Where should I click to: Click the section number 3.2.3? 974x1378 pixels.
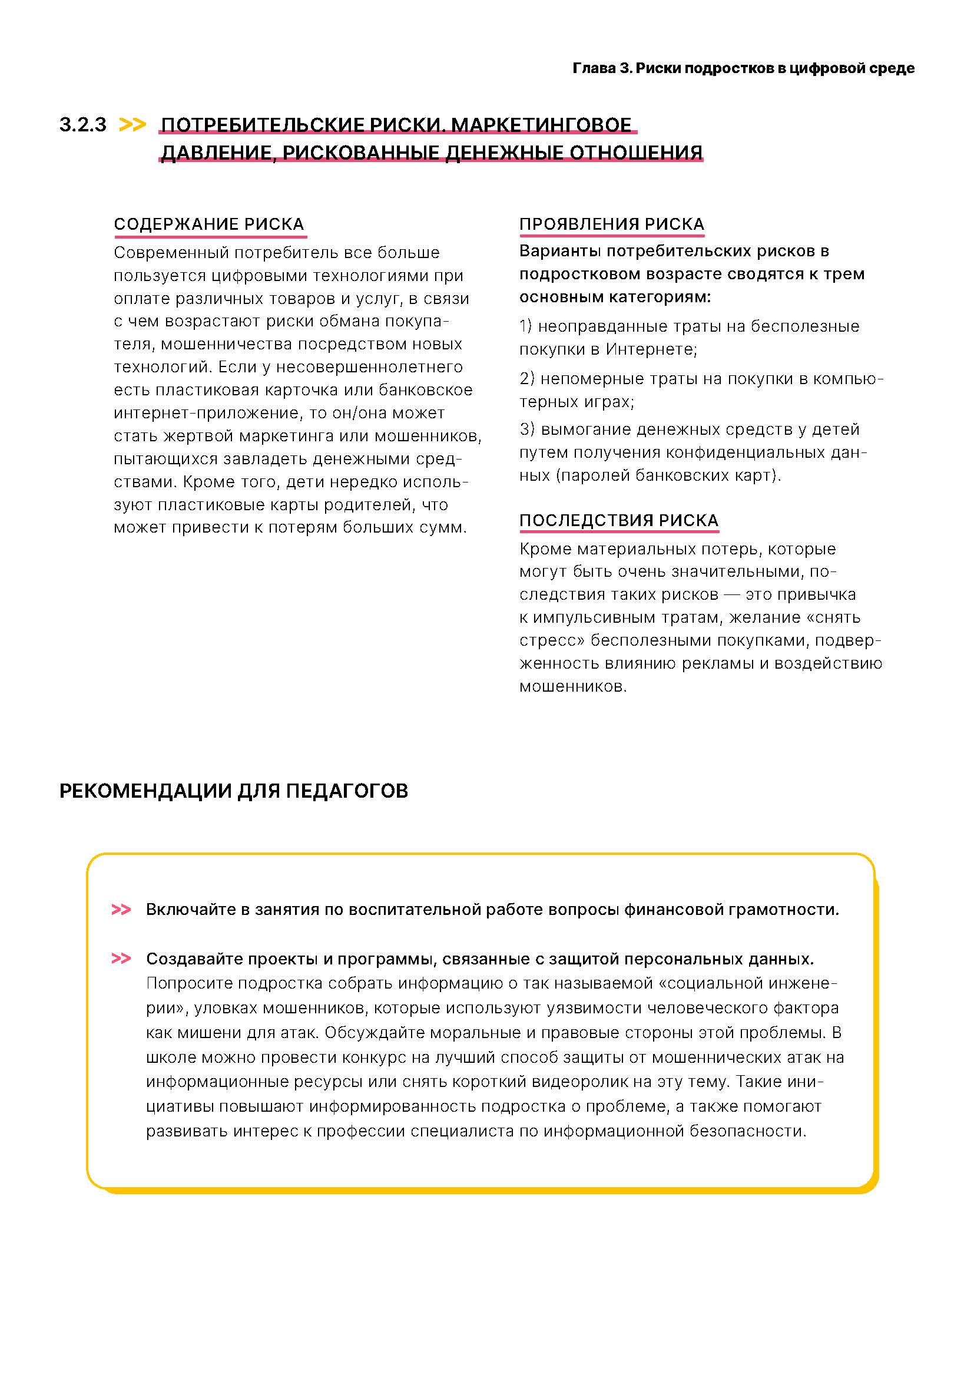pyautogui.click(x=83, y=125)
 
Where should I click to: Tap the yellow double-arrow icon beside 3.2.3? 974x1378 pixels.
pyautogui.click(x=132, y=125)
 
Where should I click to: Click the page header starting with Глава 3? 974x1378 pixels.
pyautogui.click(x=743, y=68)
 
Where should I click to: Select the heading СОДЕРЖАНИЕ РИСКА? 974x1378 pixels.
pyautogui.click(x=209, y=224)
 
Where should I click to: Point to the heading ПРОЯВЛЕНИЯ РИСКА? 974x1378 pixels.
pyautogui.click(x=612, y=224)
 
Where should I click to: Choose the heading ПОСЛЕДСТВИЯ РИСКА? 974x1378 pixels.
pyautogui.click(x=619, y=520)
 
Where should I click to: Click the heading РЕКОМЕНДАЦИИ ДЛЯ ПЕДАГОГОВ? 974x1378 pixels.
pyautogui.click(x=233, y=791)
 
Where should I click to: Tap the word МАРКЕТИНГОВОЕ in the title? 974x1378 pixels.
pyautogui.click(x=541, y=125)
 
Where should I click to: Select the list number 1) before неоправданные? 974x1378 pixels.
pyautogui.click(x=525, y=326)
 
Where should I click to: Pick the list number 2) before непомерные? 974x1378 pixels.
pyautogui.click(x=526, y=379)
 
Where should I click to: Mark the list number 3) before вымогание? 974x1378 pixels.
pyautogui.click(x=526, y=429)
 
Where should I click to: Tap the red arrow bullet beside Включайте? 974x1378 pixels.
pyautogui.click(x=121, y=910)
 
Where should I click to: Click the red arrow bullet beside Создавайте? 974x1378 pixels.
pyautogui.click(x=121, y=959)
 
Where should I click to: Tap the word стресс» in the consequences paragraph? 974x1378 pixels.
pyautogui.click(x=552, y=640)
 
